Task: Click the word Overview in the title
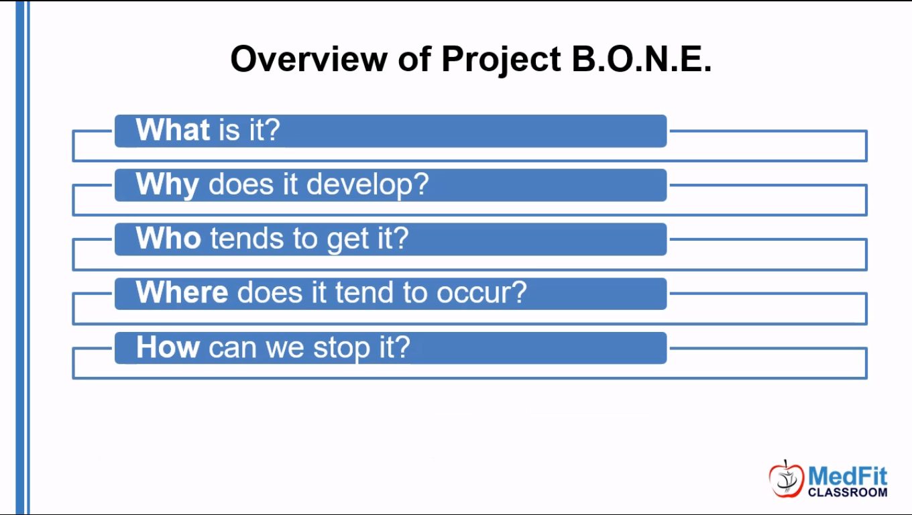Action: click(308, 59)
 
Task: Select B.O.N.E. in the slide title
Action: click(642, 59)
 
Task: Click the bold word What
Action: click(172, 129)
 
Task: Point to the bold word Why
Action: click(168, 185)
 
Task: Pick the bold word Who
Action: click(168, 238)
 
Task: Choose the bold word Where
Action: click(182, 292)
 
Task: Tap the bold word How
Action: click(168, 347)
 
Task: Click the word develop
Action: click(367, 185)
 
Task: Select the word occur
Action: click(481, 293)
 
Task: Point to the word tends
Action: click(247, 239)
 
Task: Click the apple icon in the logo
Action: click(786, 479)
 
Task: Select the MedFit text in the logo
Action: click(848, 476)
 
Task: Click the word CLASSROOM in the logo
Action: click(848, 493)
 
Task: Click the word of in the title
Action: click(414, 59)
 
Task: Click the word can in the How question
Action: click(233, 349)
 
